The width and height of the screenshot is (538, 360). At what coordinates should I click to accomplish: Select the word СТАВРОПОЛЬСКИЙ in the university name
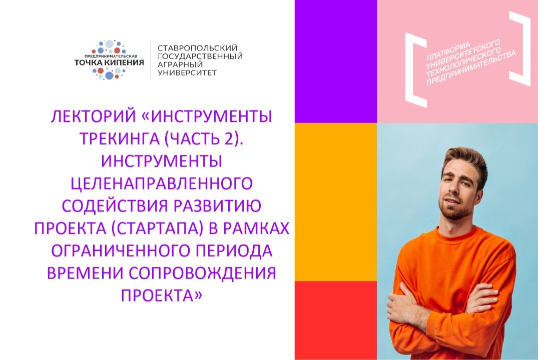click(x=197, y=47)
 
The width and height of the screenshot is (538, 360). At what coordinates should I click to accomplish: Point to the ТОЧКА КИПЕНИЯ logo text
click(x=109, y=63)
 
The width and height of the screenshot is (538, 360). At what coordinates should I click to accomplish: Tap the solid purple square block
click(x=335, y=61)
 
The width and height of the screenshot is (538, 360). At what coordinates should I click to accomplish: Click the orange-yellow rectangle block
click(x=335, y=201)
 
